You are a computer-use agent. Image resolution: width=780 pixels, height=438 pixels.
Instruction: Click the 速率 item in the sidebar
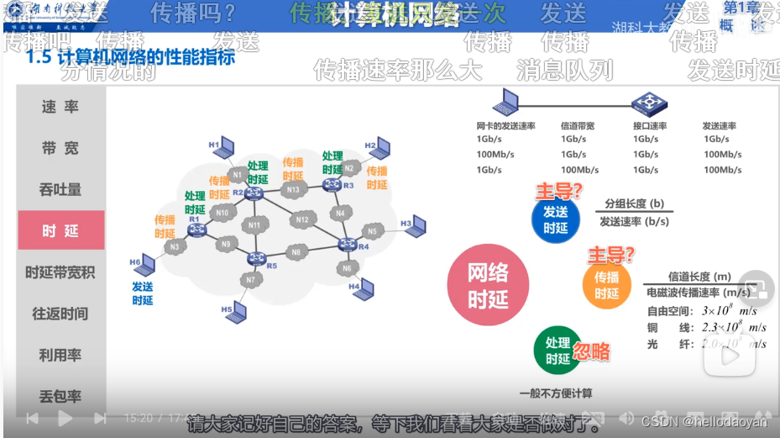[60, 107]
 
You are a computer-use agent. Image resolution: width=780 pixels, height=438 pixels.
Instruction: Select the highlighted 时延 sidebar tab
[60, 230]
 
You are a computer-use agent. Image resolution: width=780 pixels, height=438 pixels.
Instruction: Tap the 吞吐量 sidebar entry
[60, 189]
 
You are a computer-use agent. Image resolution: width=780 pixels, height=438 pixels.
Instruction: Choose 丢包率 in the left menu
[60, 396]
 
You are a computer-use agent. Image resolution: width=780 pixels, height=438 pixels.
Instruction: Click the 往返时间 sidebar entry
[60, 314]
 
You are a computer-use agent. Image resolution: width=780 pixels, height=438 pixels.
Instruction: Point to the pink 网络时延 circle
[488, 285]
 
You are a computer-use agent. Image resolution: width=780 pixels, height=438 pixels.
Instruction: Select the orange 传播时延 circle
[606, 285]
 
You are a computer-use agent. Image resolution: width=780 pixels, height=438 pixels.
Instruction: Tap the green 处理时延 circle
[558, 351]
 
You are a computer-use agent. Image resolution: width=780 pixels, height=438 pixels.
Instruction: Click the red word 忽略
[591, 351]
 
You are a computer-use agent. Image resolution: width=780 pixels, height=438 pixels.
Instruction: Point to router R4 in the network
[347, 245]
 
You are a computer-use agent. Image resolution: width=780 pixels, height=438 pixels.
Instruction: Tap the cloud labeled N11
[254, 225]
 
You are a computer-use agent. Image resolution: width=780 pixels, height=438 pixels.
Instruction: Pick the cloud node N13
[293, 190]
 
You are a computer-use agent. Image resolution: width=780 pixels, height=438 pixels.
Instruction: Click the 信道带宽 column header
[577, 126]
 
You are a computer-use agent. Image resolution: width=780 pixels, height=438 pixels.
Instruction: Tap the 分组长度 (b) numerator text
[634, 204]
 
